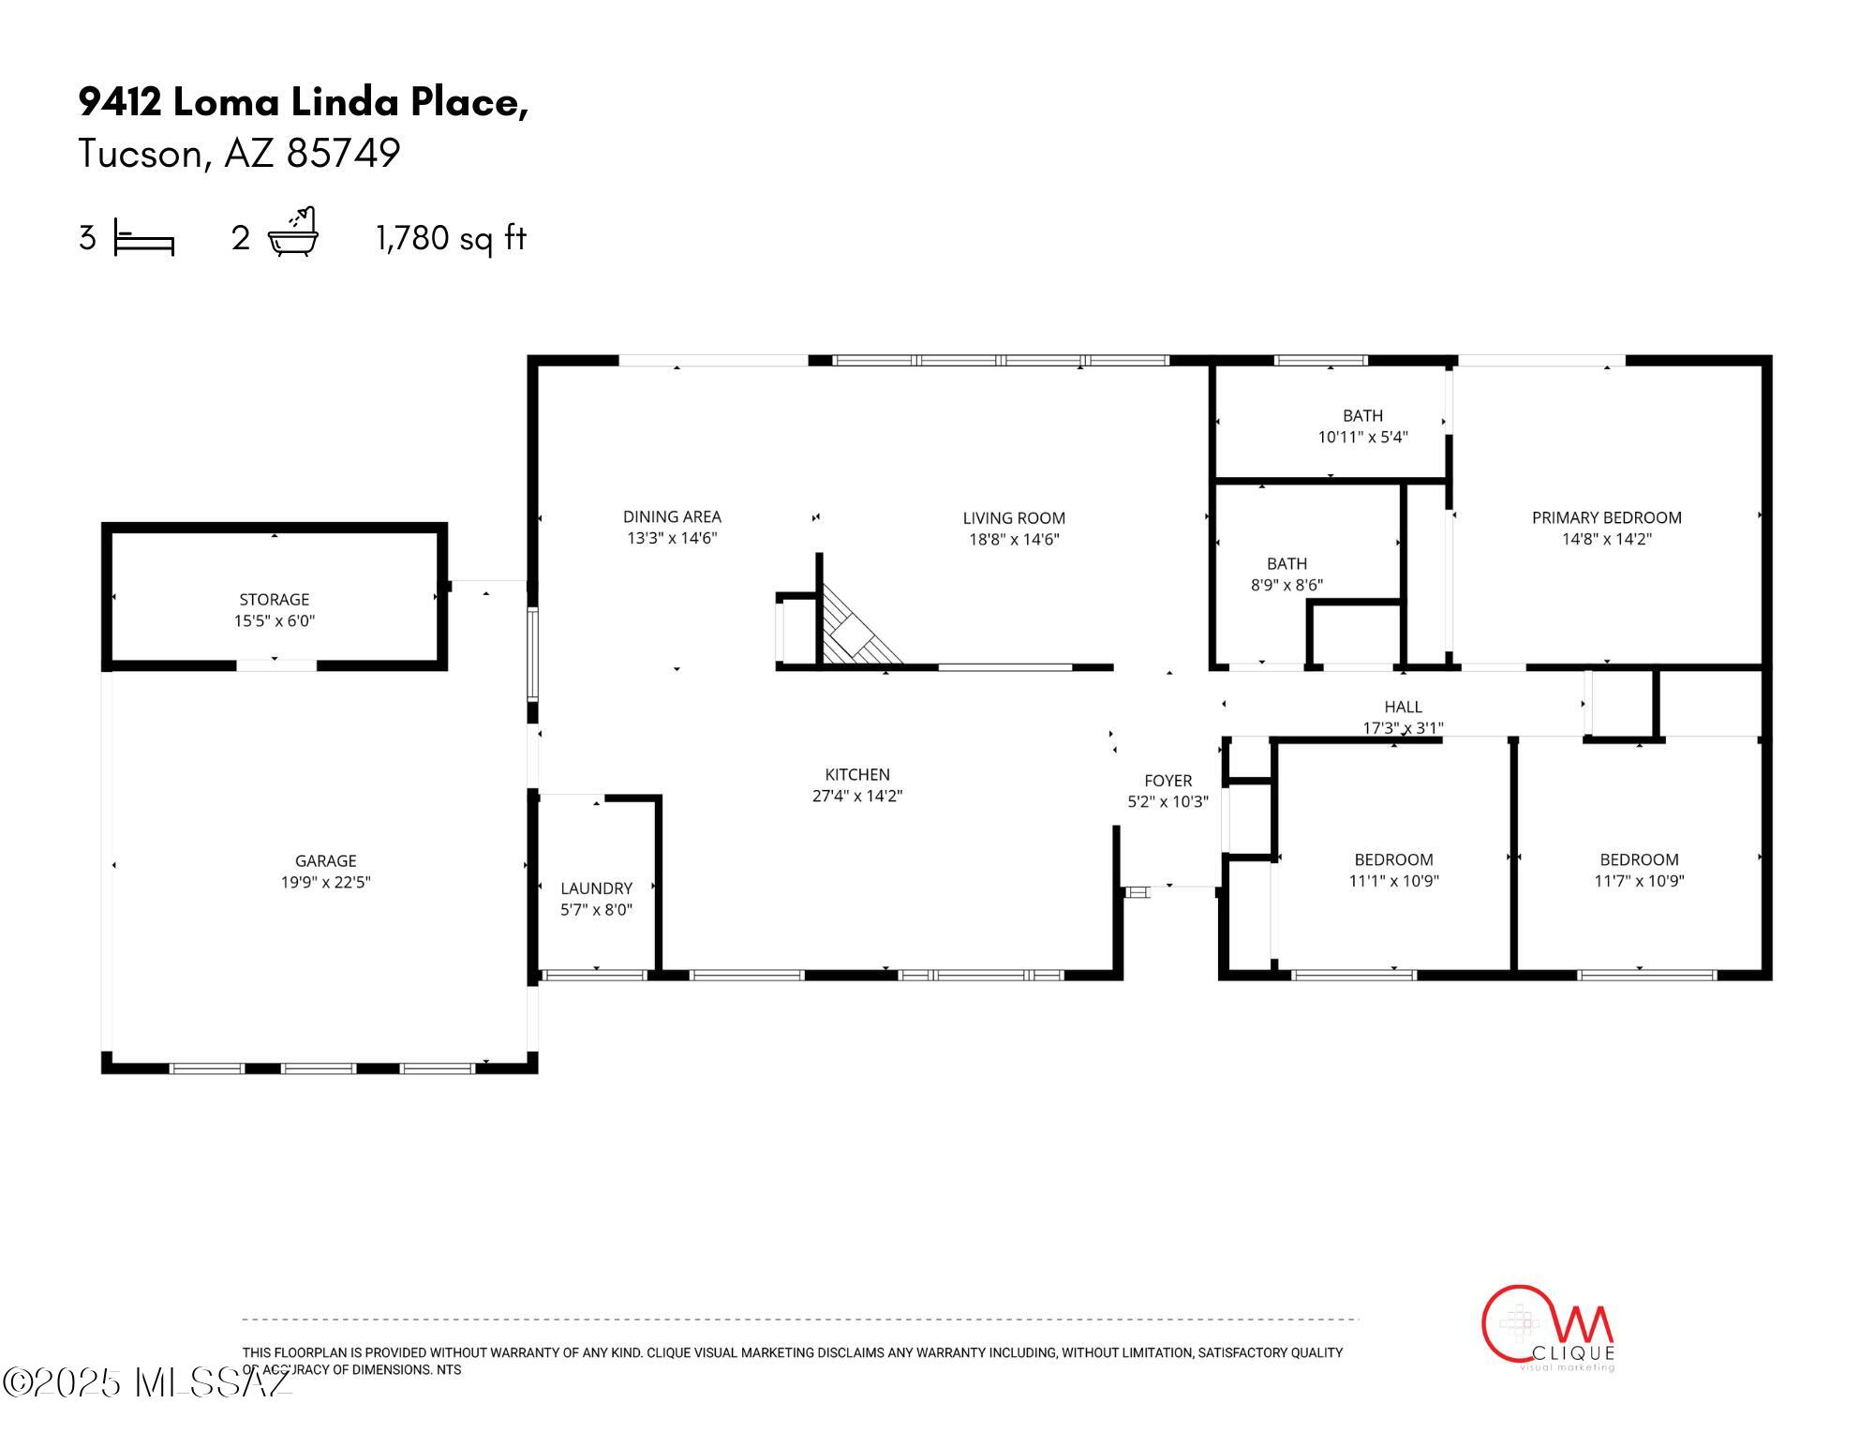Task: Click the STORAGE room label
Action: pos(274,599)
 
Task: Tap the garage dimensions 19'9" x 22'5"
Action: pos(325,882)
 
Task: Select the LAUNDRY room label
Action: pos(596,888)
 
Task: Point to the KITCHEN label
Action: pos(856,774)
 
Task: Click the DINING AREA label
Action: pos(672,516)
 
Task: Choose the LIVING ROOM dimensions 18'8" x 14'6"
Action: pos(1014,539)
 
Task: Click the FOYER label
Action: pos(1168,781)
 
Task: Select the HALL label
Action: pos(1403,707)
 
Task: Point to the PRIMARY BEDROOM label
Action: pos(1606,517)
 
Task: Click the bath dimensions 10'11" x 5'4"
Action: pos(1362,437)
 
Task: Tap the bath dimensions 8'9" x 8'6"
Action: pos(1287,585)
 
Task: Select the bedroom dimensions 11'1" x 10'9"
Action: pos(1393,881)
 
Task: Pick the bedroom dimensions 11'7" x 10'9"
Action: pos(1639,881)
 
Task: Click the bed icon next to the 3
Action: pos(143,238)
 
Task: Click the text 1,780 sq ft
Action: pos(451,238)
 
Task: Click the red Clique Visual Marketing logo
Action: pos(1547,1327)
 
